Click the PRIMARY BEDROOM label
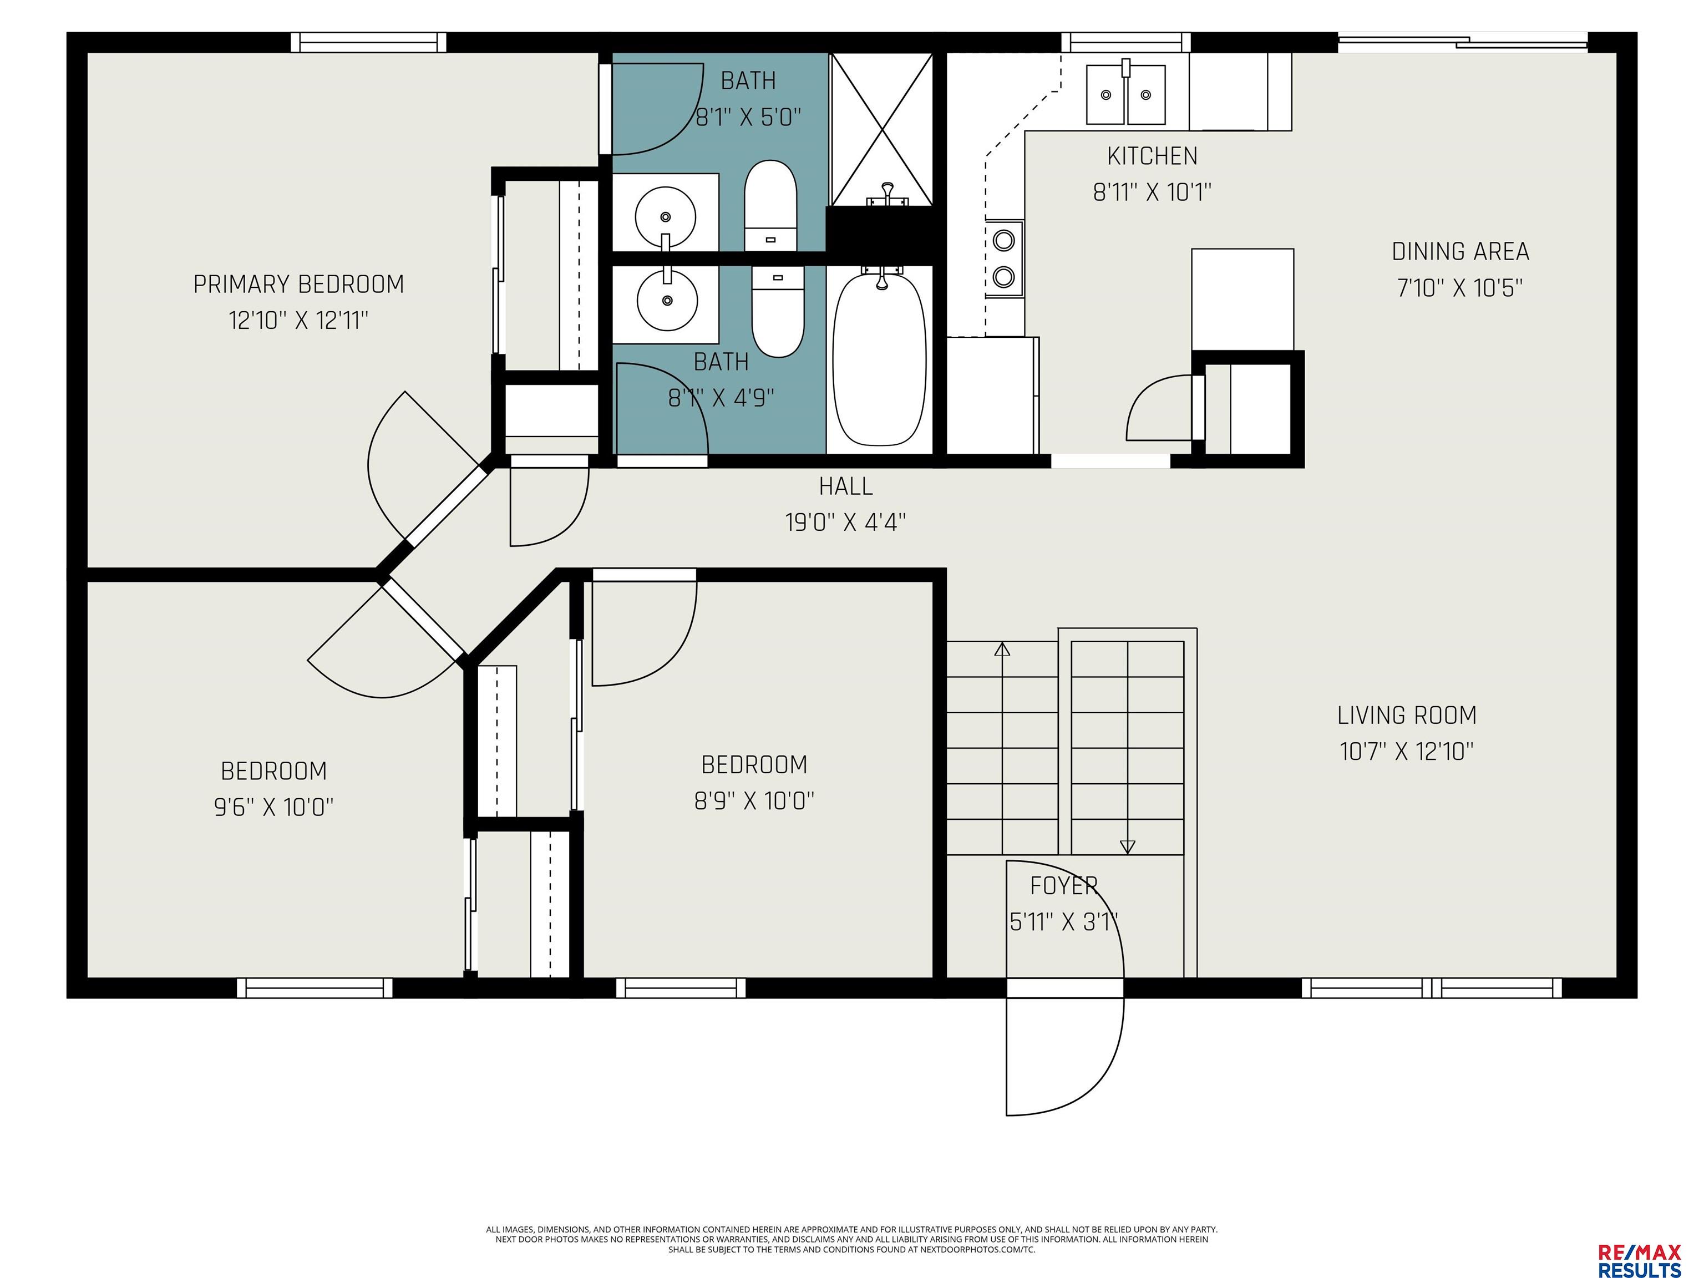[299, 284]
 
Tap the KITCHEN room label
[1153, 156]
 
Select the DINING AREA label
[1460, 252]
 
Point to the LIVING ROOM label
[1407, 716]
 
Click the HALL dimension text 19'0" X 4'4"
[846, 523]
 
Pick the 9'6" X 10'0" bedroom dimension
[274, 807]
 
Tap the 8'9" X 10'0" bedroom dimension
[755, 800]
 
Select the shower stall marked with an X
[881, 129]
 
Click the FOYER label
[1064, 886]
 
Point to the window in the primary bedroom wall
[369, 42]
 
